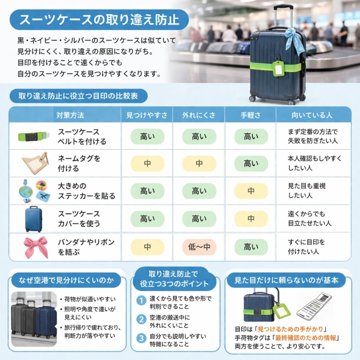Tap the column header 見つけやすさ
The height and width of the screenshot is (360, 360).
pyautogui.click(x=147, y=115)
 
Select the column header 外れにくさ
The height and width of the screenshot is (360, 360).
pyautogui.click(x=199, y=115)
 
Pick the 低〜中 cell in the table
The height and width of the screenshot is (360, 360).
pyautogui.click(x=199, y=247)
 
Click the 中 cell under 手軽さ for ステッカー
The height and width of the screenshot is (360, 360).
pyautogui.click(x=251, y=191)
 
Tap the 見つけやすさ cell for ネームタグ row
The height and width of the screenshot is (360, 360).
pyautogui.click(x=147, y=163)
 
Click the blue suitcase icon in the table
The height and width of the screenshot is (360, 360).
pyautogui.click(x=34, y=219)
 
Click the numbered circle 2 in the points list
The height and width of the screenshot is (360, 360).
pyautogui.click(x=141, y=320)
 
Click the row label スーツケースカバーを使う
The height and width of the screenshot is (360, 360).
pyautogui.click(x=79, y=218)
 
